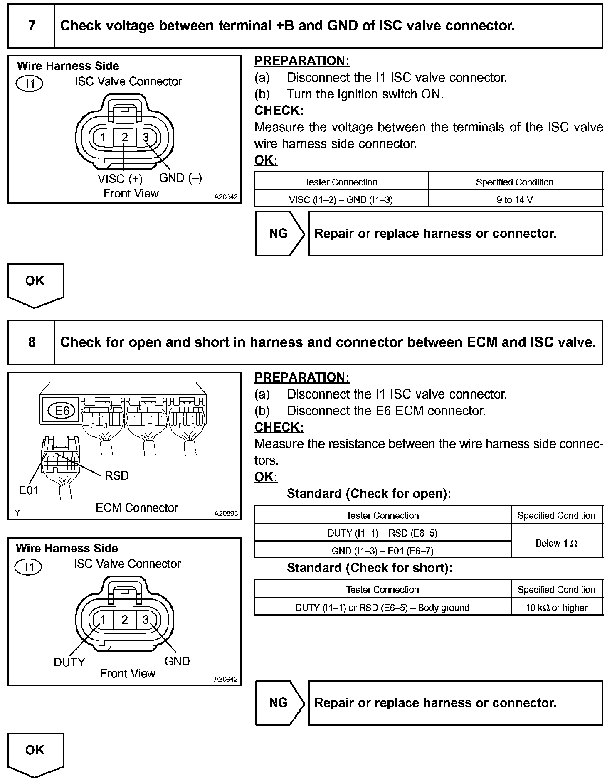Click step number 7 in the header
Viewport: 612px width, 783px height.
click(x=32, y=26)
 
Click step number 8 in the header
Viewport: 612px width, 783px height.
click(x=32, y=342)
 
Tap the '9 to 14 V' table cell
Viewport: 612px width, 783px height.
click(x=515, y=200)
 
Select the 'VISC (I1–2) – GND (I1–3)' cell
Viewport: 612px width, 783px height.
click(x=341, y=200)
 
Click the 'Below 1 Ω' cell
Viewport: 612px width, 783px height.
click(x=556, y=543)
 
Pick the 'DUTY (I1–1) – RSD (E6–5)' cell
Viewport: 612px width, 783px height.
click(x=382, y=533)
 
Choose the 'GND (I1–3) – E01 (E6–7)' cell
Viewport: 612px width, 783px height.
click(x=382, y=551)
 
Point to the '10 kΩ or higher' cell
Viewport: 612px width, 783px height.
click(x=556, y=608)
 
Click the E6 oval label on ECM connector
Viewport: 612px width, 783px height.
click(x=62, y=411)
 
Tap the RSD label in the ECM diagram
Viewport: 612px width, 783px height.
click(x=117, y=475)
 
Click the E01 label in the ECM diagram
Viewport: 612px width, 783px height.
click(x=29, y=490)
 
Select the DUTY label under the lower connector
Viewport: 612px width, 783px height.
click(x=69, y=662)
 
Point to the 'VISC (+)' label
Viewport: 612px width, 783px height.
click(x=120, y=179)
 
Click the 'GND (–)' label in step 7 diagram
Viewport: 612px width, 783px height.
click(x=180, y=178)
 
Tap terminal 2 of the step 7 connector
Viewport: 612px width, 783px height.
click(x=125, y=137)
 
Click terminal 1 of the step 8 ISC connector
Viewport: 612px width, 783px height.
click(x=103, y=620)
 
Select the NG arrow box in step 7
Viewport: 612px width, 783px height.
click(x=279, y=234)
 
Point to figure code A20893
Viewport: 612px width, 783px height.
click(x=226, y=513)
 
